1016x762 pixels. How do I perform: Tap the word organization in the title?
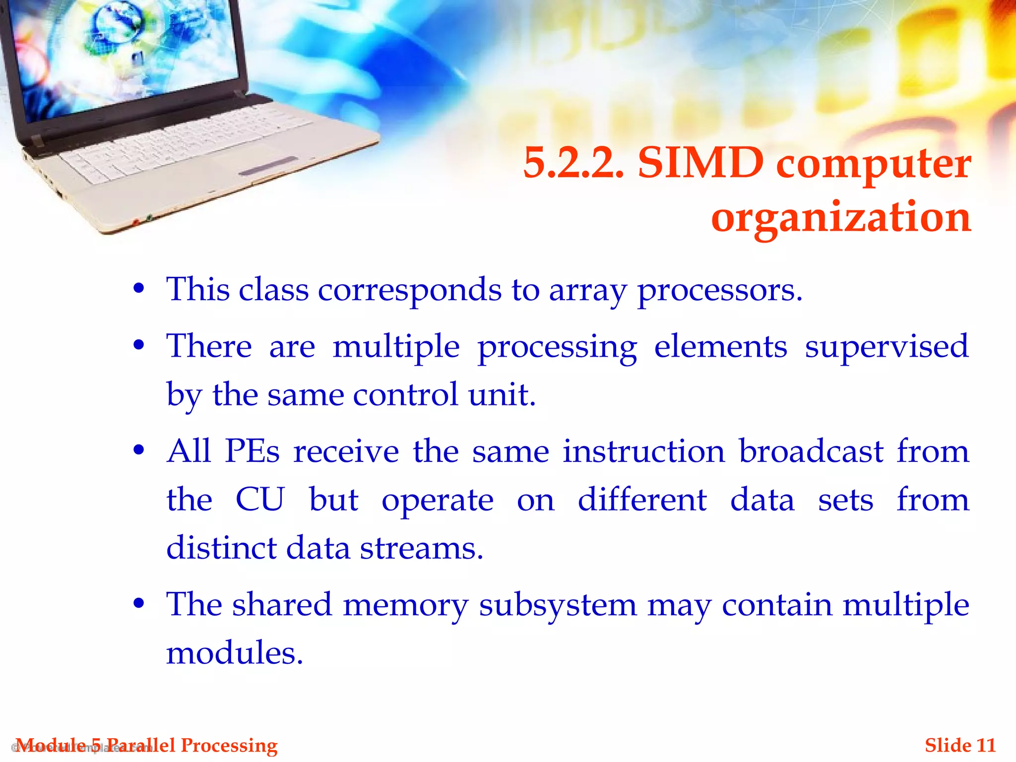click(x=841, y=217)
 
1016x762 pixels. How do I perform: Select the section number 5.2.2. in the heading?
click(x=573, y=163)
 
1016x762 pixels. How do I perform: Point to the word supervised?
click(x=886, y=346)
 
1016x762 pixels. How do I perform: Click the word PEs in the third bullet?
click(x=253, y=451)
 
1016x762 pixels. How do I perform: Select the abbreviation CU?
click(x=260, y=500)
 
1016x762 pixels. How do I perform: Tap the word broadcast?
click(x=811, y=451)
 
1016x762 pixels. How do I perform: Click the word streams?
click(x=421, y=549)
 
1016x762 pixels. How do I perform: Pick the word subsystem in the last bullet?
click(x=558, y=605)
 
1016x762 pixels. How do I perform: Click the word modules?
click(x=234, y=653)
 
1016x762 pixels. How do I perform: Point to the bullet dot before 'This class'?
click(x=139, y=288)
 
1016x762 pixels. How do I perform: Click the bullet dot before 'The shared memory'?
click(x=139, y=604)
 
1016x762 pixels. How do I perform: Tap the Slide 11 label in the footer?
click(x=960, y=746)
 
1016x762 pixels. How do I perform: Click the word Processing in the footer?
click(x=229, y=746)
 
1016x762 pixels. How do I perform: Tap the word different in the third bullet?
click(x=642, y=500)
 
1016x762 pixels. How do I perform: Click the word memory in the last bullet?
click(x=405, y=605)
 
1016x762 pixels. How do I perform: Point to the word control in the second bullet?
click(x=405, y=395)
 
